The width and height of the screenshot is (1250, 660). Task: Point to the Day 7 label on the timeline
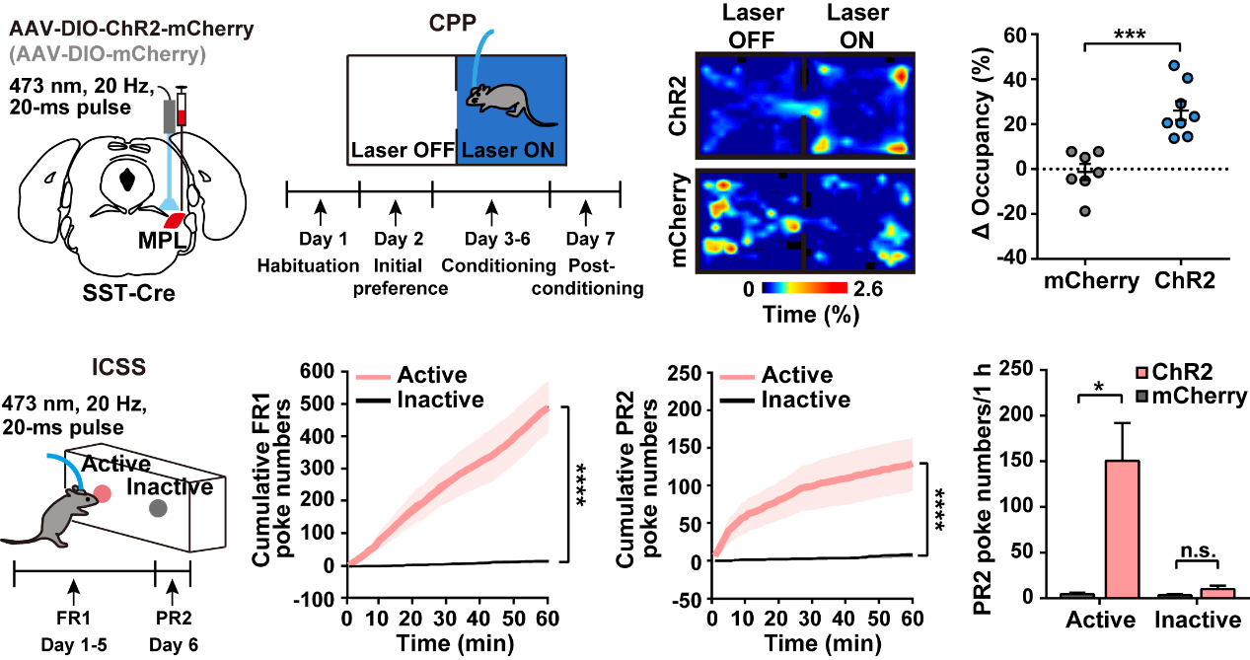[584, 239]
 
